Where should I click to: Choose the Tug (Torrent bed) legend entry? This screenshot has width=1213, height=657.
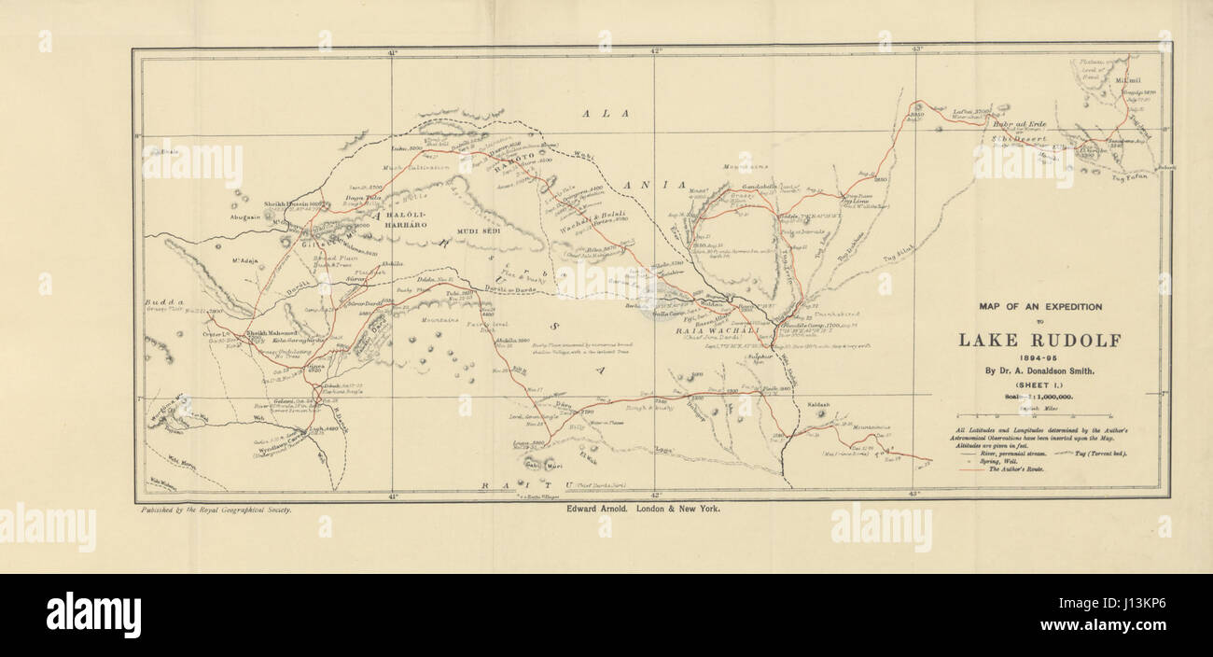(1103, 453)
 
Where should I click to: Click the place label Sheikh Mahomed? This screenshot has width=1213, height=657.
(272, 332)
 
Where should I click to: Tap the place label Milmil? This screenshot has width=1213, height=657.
(1127, 79)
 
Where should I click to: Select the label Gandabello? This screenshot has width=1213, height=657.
(760, 187)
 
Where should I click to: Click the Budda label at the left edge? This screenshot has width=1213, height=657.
(160, 303)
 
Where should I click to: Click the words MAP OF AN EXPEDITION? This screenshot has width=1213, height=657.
(1040, 306)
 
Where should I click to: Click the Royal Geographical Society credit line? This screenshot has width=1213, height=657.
(216, 510)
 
